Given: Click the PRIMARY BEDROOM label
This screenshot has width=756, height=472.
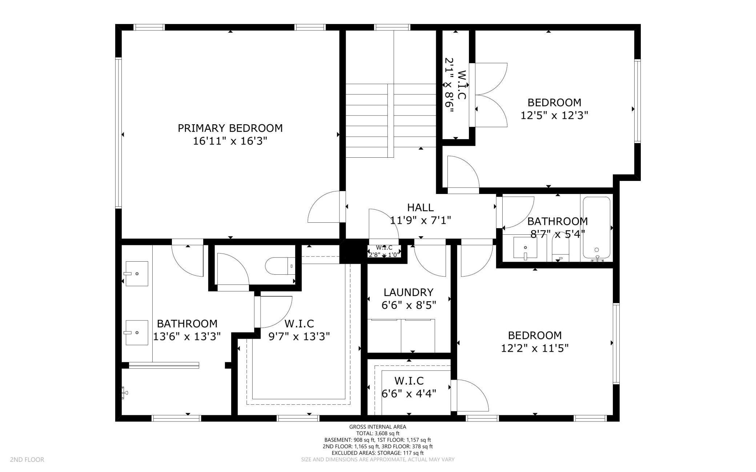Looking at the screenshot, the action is (230, 128).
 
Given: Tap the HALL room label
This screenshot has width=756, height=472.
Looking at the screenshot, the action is (420, 207).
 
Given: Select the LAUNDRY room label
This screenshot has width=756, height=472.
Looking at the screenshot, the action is (409, 293).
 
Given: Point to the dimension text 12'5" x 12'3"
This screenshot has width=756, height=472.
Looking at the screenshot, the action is (554, 115).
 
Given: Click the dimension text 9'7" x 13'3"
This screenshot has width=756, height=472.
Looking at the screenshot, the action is (299, 336).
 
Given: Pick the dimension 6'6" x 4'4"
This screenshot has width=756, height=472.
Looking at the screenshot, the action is (409, 394).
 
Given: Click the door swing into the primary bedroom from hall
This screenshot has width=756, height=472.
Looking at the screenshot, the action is (325, 206).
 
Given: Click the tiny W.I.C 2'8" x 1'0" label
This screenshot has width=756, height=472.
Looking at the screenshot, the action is (384, 251).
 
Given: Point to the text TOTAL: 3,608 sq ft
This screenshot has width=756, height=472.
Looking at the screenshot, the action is (378, 433).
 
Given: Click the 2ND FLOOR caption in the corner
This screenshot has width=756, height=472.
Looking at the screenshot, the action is (27, 460).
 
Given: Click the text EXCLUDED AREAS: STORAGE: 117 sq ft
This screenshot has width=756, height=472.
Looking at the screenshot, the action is (378, 453).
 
